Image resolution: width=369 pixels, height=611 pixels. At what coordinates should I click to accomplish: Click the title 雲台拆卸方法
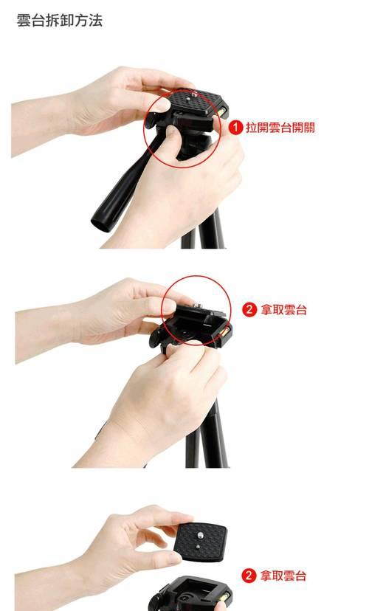pyautogui.click(x=59, y=20)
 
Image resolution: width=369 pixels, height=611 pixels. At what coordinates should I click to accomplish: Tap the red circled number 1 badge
pyautogui.click(x=235, y=128)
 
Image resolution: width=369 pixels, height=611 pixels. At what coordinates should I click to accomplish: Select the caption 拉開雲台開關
pyautogui.click(x=280, y=128)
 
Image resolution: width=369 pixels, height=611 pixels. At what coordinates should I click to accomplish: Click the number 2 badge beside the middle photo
pyautogui.click(x=249, y=310)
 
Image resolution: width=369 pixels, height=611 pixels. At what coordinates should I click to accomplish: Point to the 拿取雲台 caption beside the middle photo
pyautogui.click(x=285, y=310)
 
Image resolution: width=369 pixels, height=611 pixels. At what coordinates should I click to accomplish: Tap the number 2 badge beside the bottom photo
pyautogui.click(x=249, y=576)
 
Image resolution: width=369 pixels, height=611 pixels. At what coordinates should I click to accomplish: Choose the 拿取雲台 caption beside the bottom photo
pyautogui.click(x=285, y=576)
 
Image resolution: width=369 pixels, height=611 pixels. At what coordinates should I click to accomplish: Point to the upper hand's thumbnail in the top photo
pyautogui.click(x=162, y=105)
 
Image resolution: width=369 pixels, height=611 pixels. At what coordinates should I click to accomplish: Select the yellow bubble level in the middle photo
pyautogui.click(x=221, y=337)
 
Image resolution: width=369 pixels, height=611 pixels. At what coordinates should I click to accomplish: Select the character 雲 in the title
pyautogui.click(x=24, y=20)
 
